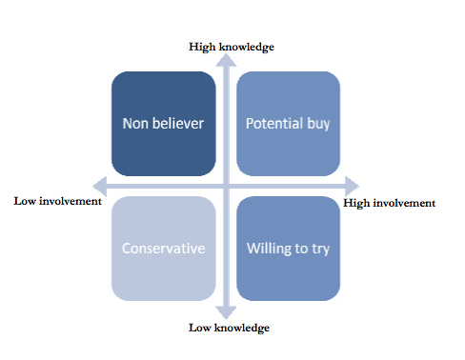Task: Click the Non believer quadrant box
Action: click(164, 124)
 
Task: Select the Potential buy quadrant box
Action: click(289, 124)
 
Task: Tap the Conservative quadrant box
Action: click(164, 249)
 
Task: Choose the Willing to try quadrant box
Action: click(289, 249)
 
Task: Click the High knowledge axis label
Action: click(232, 47)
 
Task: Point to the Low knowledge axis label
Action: click(229, 328)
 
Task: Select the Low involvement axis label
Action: click(57, 201)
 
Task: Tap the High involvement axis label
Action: click(389, 203)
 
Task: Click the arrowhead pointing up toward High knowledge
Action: click(226, 60)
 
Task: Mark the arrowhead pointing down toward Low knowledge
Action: click(226, 312)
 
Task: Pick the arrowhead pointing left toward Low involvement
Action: click(100, 187)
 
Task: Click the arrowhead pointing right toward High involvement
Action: click(352, 187)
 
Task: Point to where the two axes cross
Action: click(226, 187)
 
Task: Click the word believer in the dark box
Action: click(178, 124)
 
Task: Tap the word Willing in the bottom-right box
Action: click(269, 249)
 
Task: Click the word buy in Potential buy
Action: click(318, 125)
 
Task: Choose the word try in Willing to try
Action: click(320, 250)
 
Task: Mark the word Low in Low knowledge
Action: click(200, 328)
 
